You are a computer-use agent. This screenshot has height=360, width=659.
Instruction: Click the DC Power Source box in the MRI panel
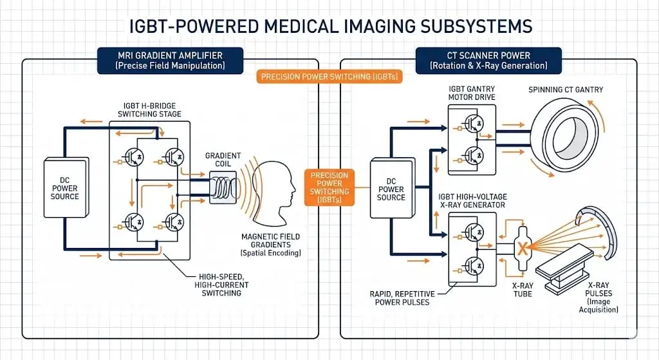coord(64,187)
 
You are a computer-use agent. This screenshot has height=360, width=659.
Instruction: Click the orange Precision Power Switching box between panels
coord(329,187)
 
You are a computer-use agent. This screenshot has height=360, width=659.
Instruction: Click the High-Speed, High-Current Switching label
coord(211,283)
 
